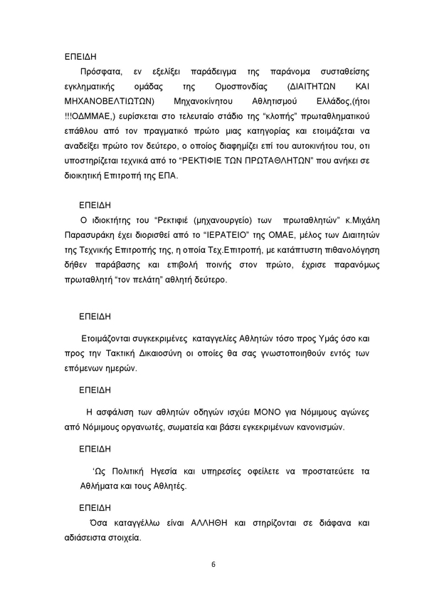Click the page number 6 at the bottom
point(213,565)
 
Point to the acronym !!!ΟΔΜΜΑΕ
point(89,117)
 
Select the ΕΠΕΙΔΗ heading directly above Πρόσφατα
point(80,56)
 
